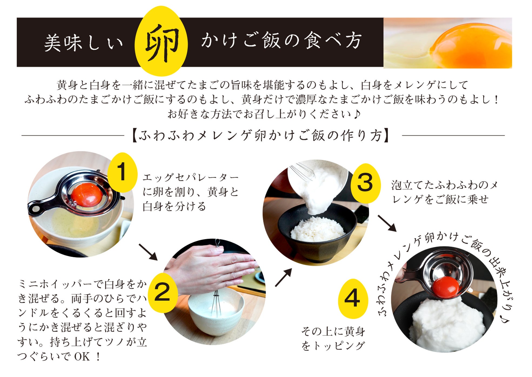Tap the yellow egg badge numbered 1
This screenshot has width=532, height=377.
coord(122,172)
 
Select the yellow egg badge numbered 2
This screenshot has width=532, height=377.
coord(162,292)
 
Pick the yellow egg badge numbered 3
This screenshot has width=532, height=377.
coord(365,183)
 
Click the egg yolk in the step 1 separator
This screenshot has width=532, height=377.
coord(87,194)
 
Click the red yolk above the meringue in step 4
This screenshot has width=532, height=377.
coord(446,287)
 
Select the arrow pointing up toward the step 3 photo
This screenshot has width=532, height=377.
coord(283,277)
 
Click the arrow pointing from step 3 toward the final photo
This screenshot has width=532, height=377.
coord(387,223)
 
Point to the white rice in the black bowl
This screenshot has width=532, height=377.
coord(317,229)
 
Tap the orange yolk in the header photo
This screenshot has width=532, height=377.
coord(476,46)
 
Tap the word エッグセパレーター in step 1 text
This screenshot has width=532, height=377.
coord(190,178)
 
